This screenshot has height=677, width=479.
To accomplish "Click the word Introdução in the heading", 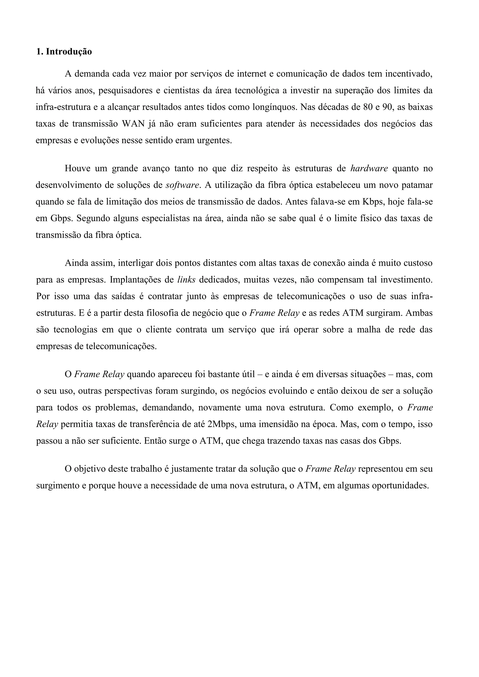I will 69,52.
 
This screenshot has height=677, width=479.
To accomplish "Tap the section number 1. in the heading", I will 40,52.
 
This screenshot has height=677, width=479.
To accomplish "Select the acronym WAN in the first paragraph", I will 133,124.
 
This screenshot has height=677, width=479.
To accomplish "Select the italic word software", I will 183,185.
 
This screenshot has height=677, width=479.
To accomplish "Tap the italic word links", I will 186,279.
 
